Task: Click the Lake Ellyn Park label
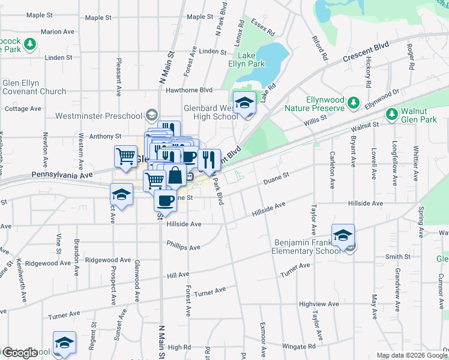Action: (246, 59)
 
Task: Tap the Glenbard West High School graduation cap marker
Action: (244, 103)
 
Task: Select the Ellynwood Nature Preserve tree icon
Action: (354, 103)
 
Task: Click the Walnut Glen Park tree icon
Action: (392, 113)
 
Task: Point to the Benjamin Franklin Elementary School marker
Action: (343, 236)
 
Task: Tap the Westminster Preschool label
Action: (99, 116)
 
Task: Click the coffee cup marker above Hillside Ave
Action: (165, 200)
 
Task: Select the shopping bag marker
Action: (175, 176)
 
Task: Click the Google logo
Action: (20, 352)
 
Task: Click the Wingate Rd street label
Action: (300, 346)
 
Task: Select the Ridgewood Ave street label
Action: (107, 260)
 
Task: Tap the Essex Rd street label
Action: (264, 26)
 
